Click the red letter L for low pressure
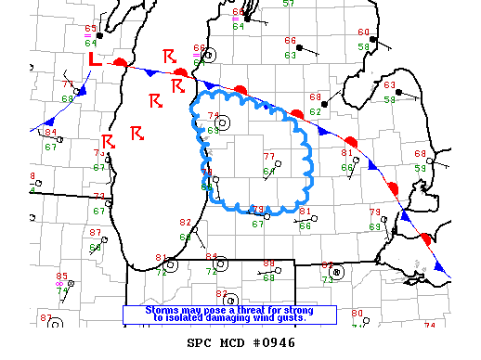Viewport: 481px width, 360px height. pyautogui.click(x=94, y=59)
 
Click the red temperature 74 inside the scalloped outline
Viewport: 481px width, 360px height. pyautogui.click(x=213, y=115)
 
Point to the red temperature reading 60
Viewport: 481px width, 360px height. pyautogui.click(x=363, y=32)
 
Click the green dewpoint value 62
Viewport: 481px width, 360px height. pyautogui.click(x=315, y=112)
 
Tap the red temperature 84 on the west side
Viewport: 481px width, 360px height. pyautogui.click(x=49, y=133)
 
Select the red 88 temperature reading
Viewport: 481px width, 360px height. pyautogui.click(x=268, y=264)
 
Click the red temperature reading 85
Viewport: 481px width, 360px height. pyautogui.click(x=61, y=276)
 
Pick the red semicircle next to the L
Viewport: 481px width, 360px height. pyautogui.click(x=121, y=62)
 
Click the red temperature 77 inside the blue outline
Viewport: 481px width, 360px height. pyautogui.click(x=269, y=156)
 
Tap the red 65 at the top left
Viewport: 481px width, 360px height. pyautogui.click(x=90, y=30)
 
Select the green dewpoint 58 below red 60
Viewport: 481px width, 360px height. pyautogui.click(x=363, y=45)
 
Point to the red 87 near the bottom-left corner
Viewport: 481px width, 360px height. pyautogui.click(x=46, y=318)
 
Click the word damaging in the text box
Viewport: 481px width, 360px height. pyautogui.click(x=240, y=317)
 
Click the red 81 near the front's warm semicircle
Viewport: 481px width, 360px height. pyautogui.click(x=347, y=152)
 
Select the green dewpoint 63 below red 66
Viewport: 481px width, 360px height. pyautogui.click(x=290, y=56)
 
